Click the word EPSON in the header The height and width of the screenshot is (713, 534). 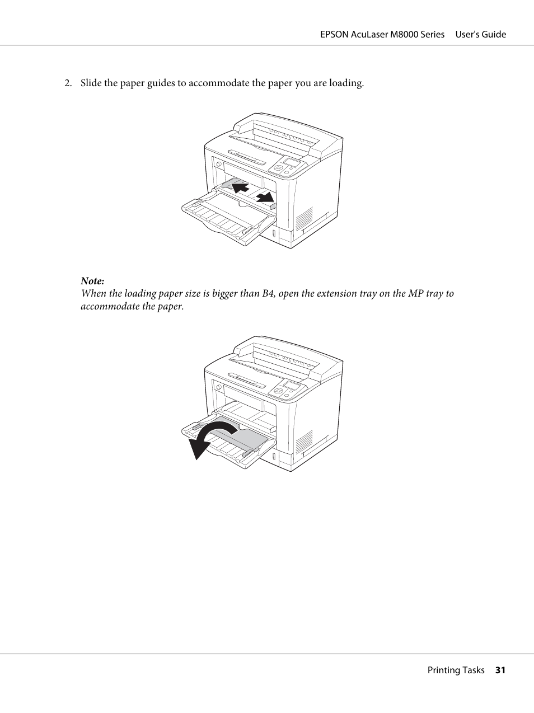pyautogui.click(x=334, y=35)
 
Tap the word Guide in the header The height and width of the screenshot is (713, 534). pyautogui.click(x=493, y=35)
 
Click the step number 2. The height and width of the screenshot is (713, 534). pyautogui.click(x=67, y=83)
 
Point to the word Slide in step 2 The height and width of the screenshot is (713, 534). pyautogui.click(x=91, y=83)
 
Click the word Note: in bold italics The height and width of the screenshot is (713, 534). pyautogui.click(x=92, y=281)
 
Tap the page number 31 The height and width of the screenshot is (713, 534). pyautogui.click(x=500, y=670)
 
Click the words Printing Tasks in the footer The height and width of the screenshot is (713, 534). pyautogui.click(x=456, y=670)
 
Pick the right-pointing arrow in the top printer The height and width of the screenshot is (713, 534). pyautogui.click(x=265, y=196)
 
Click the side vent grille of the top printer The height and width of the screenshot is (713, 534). pyautogui.click(x=304, y=219)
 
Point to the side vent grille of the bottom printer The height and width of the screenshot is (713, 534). pyautogui.click(x=304, y=442)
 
